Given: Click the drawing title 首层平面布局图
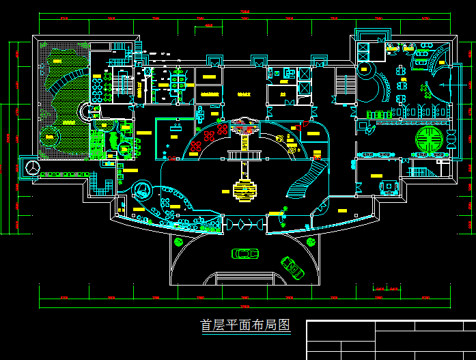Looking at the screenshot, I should click(x=245, y=326).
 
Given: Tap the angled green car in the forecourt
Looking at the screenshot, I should click(x=292, y=266).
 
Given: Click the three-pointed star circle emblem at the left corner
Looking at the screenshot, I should click(x=32, y=167).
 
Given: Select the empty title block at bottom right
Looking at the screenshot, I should click(x=391, y=340).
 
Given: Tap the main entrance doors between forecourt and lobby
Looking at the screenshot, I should click(x=244, y=224).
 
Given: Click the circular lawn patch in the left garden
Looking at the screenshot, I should click(x=49, y=136).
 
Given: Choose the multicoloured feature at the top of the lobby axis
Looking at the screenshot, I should click(x=243, y=125).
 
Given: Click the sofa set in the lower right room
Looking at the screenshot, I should click(x=389, y=186).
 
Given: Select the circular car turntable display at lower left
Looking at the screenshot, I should click(x=142, y=188).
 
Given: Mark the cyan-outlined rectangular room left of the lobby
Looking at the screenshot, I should click(x=176, y=139).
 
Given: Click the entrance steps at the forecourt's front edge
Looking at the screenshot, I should click(x=244, y=278).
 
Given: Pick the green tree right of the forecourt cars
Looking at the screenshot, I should click(x=311, y=240).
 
